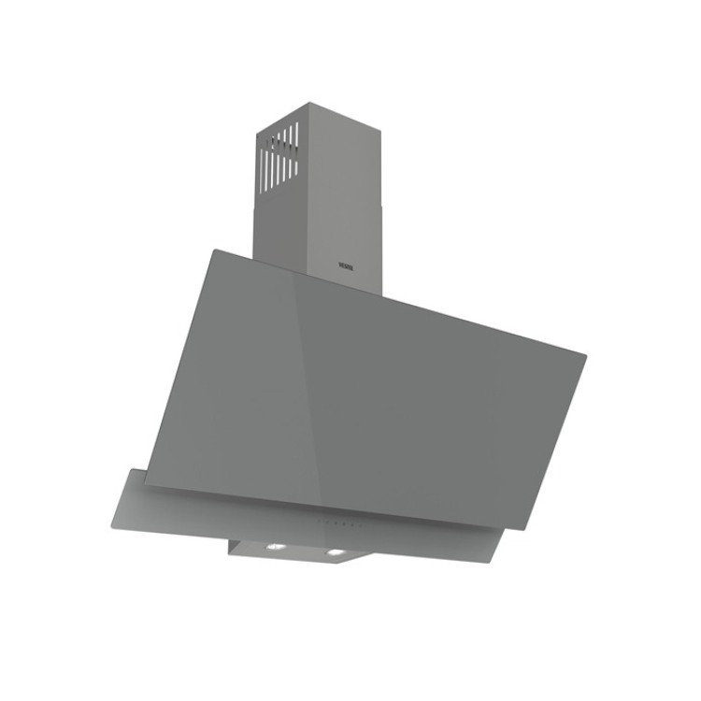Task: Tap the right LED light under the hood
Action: pos(332,555)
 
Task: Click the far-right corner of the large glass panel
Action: pos(586,354)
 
